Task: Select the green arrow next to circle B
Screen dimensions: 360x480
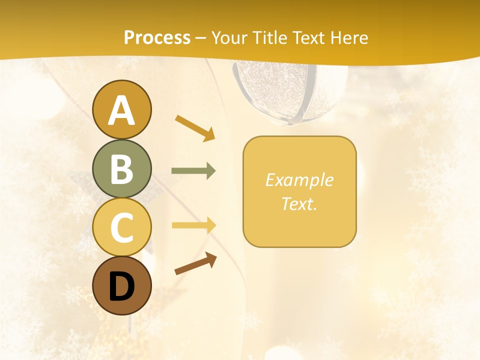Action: tap(193, 171)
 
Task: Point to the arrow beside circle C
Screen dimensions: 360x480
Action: tap(193, 225)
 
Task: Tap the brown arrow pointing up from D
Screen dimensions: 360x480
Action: tap(195, 263)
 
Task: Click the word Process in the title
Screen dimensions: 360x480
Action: tap(157, 37)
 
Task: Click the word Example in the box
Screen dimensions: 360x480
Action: tap(299, 180)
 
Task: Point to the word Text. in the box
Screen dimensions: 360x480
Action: tap(299, 203)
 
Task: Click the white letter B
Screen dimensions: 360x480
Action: tap(121, 169)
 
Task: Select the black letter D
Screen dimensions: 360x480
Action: tap(121, 287)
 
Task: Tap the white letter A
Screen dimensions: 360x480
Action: tap(121, 110)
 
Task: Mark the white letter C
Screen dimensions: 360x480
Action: tap(121, 228)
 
